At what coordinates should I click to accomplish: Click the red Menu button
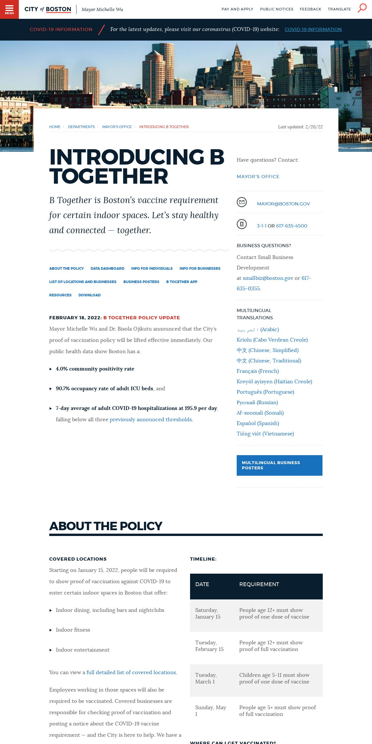click(9, 9)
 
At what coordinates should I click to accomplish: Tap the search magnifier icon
click(362, 8)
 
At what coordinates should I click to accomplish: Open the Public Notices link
click(277, 9)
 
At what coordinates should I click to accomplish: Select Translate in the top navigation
click(339, 9)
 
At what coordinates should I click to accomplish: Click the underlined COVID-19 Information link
click(313, 30)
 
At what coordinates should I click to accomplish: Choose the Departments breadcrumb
click(81, 127)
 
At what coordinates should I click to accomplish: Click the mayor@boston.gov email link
click(283, 204)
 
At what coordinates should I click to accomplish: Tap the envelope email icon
click(242, 202)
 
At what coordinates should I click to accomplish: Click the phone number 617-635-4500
click(291, 226)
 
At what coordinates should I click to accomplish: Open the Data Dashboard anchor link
click(107, 269)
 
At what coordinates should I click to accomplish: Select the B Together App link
click(182, 282)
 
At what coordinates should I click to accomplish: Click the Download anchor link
click(90, 295)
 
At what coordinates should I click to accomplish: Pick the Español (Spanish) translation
click(258, 423)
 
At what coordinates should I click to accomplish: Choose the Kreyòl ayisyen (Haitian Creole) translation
click(274, 382)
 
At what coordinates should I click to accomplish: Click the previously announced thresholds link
click(151, 420)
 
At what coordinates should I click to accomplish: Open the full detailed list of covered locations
click(131, 672)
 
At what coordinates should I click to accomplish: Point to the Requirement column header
click(259, 584)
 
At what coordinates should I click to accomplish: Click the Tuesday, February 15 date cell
click(209, 646)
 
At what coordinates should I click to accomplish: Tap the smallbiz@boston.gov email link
click(268, 278)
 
